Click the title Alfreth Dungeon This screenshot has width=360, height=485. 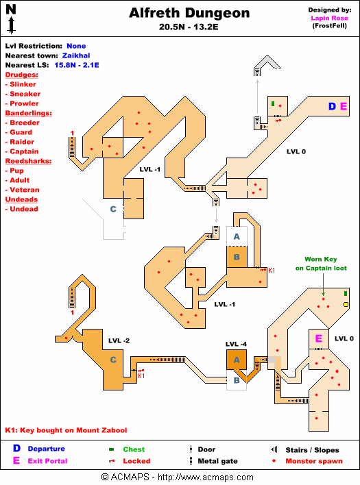click(x=189, y=13)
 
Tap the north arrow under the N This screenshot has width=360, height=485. click(x=12, y=25)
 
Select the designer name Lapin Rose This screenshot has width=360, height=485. click(x=329, y=18)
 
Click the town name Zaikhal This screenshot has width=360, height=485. click(x=76, y=55)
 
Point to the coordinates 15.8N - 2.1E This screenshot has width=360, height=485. click(x=77, y=65)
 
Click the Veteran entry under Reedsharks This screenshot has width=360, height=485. click(x=23, y=190)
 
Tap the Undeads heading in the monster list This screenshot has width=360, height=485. click(x=21, y=199)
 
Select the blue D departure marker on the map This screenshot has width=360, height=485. click(x=332, y=106)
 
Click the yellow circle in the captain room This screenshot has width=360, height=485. click(x=346, y=305)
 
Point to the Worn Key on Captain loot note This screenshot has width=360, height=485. click(x=321, y=264)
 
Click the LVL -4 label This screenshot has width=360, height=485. click(x=236, y=344)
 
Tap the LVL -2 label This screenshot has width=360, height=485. click(x=119, y=340)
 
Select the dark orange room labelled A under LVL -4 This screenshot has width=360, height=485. click(x=237, y=360)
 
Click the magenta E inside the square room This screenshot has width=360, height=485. click(x=319, y=338)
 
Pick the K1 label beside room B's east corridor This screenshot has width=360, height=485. click(x=272, y=271)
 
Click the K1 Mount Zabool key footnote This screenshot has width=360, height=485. click(x=67, y=430)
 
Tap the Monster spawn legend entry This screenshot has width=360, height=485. click(x=314, y=461)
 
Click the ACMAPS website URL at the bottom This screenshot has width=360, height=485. click(x=206, y=477)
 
